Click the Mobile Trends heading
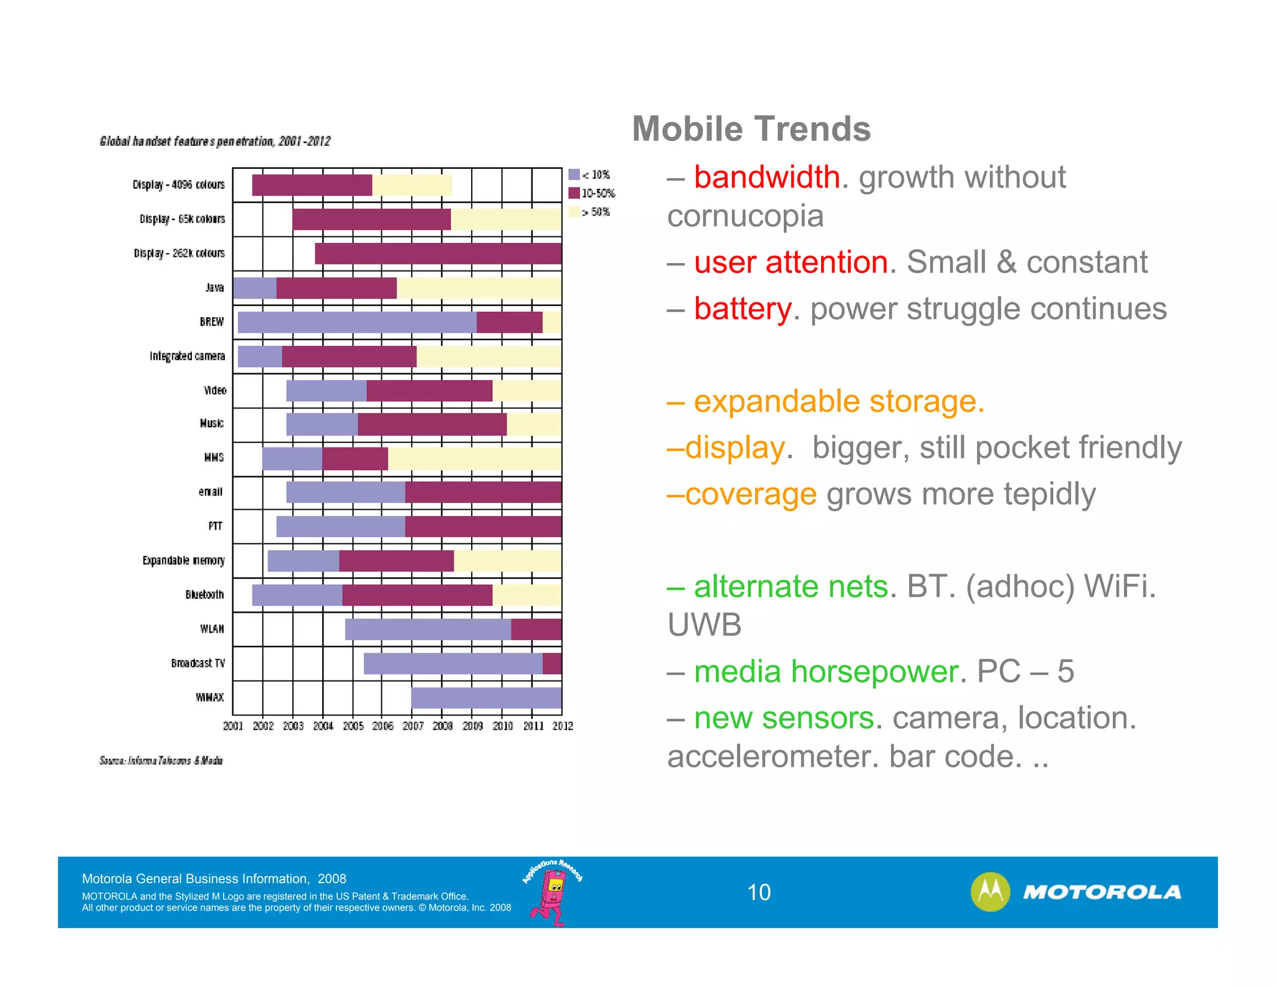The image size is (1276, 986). click(x=751, y=129)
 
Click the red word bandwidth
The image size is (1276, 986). click(x=766, y=177)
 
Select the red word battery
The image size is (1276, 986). click(x=742, y=309)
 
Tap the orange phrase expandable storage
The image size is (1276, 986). click(x=838, y=401)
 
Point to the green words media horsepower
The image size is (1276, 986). click(x=826, y=671)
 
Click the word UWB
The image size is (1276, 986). click(x=704, y=625)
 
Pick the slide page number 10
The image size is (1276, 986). click(x=758, y=892)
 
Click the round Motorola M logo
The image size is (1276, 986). click(x=989, y=891)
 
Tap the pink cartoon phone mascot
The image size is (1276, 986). click(x=551, y=894)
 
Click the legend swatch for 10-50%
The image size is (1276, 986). click(x=574, y=193)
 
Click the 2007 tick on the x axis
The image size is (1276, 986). click(x=412, y=725)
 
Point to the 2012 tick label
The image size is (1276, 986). click(x=562, y=725)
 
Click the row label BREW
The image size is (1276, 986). click(x=211, y=322)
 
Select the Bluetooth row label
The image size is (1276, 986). click(x=204, y=595)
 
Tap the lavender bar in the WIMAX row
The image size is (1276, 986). click(x=486, y=697)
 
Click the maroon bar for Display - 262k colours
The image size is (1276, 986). click(x=437, y=253)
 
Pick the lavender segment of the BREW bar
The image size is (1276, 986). click(x=356, y=322)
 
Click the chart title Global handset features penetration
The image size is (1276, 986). click(x=215, y=141)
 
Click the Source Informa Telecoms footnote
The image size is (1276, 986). click(x=161, y=760)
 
